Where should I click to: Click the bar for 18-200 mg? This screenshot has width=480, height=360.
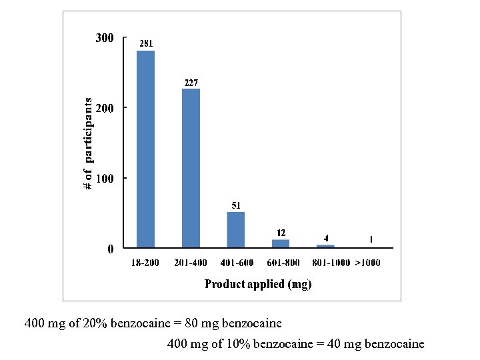tap(145, 149)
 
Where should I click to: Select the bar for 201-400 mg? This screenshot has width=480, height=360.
tap(191, 168)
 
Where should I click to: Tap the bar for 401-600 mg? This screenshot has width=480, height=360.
tap(235, 230)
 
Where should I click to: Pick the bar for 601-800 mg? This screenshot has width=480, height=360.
tap(281, 244)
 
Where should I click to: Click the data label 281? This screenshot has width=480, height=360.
tap(145, 44)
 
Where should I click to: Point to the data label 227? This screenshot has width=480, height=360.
tap(191, 83)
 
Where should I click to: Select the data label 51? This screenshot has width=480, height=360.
tap(236, 206)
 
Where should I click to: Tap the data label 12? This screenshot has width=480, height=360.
tap(281, 233)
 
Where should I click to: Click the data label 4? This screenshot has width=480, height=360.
tap(325, 238)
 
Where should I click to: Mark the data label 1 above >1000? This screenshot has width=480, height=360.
tap(370, 240)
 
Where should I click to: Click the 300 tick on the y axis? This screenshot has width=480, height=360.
tap(104, 38)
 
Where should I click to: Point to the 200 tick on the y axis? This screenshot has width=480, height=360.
tap(104, 108)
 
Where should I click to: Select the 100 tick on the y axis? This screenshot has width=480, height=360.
tap(104, 179)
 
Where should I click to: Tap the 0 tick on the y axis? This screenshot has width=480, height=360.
tap(111, 249)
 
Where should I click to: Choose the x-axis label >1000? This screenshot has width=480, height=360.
tap(367, 263)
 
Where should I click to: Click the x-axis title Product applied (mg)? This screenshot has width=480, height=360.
tap(258, 285)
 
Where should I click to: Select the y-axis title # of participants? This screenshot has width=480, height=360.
tap(88, 143)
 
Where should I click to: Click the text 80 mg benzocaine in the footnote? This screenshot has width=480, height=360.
tap(241, 323)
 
